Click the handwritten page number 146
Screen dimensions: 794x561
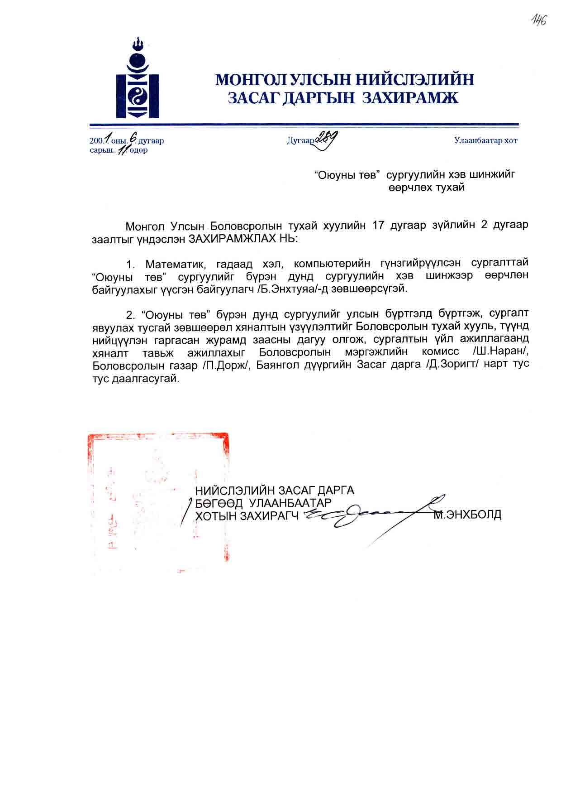538,20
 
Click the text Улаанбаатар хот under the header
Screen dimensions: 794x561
485,140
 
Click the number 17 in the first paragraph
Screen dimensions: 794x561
378,225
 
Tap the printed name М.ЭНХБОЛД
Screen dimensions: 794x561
467,515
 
